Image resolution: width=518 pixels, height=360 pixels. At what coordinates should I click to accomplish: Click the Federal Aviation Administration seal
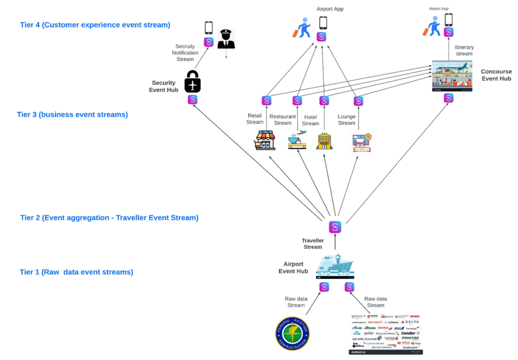(292, 335)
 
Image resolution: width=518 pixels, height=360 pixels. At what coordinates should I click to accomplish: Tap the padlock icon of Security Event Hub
(193, 82)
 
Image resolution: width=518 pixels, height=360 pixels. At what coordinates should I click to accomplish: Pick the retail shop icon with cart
(265, 140)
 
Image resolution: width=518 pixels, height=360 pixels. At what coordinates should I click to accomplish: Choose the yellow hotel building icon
(324, 141)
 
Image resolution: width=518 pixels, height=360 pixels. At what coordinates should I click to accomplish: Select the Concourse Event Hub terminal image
(452, 76)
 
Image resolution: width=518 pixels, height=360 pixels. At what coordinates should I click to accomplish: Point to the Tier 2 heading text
(109, 218)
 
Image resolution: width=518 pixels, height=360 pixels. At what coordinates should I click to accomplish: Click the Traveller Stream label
(313, 243)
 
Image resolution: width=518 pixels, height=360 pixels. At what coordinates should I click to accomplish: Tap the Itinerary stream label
(464, 50)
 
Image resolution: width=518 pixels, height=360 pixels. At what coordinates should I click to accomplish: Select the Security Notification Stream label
(185, 53)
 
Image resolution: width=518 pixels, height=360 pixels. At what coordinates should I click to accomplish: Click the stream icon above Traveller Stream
(335, 227)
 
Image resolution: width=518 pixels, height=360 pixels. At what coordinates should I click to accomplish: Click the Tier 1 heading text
(76, 272)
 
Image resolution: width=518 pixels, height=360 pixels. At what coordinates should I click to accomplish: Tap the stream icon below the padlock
(193, 99)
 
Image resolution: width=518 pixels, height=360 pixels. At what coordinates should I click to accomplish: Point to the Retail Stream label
(255, 119)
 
